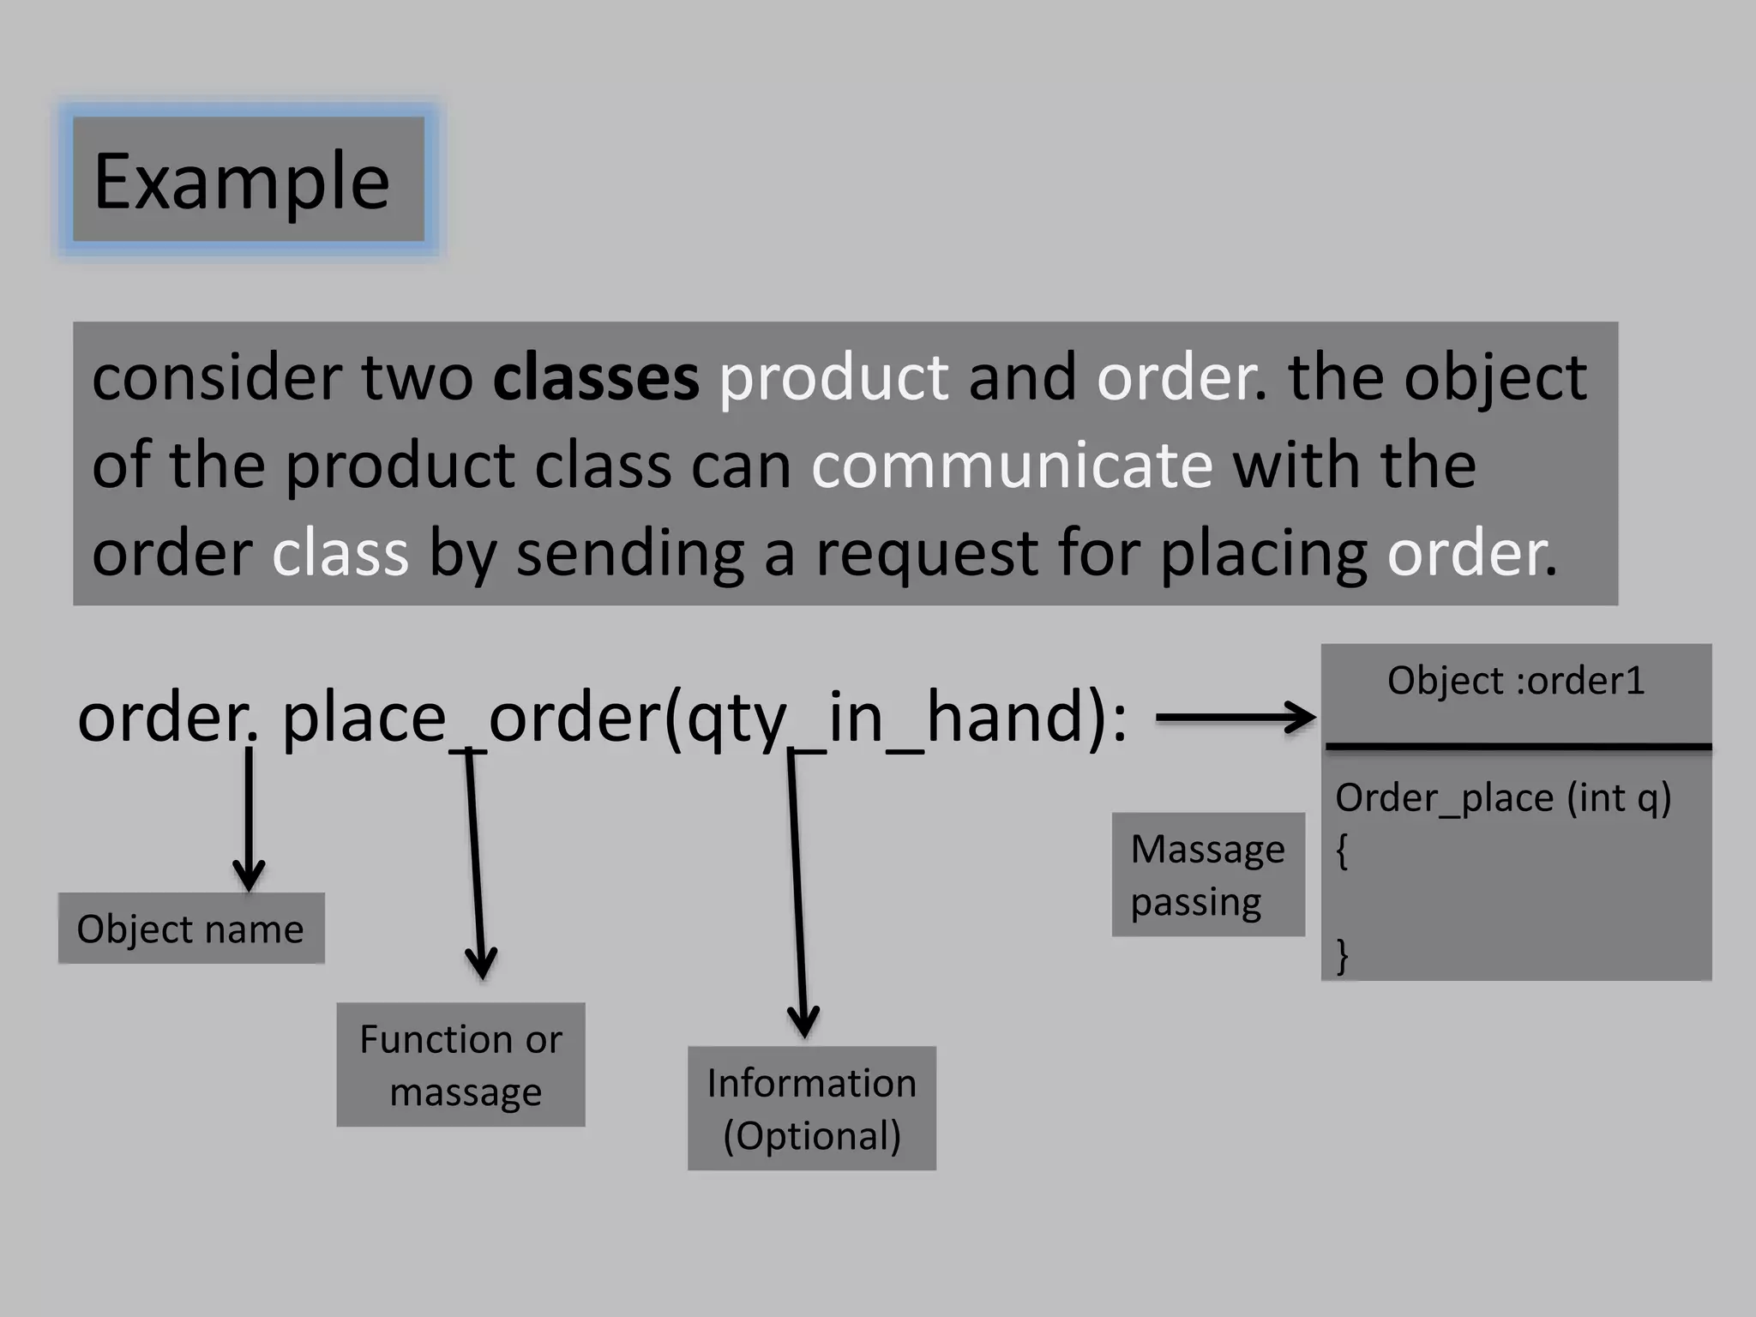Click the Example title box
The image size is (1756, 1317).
pos(248,179)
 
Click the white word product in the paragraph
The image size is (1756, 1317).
pos(833,379)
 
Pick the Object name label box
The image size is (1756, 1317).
pos(191,929)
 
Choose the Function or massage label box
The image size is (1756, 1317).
pos(460,1064)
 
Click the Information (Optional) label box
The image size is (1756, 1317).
pos(811,1108)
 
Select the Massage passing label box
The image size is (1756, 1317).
pos(1207,875)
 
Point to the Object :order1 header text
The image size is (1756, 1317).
pos(1515,681)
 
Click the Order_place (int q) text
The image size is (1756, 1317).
pos(1502,797)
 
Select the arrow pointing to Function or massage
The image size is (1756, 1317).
pos(476,866)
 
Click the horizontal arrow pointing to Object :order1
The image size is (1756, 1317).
pos(1235,718)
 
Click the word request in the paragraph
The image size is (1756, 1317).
pos(926,553)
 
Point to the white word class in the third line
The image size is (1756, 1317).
pos(340,553)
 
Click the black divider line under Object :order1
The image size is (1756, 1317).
pos(1518,747)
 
